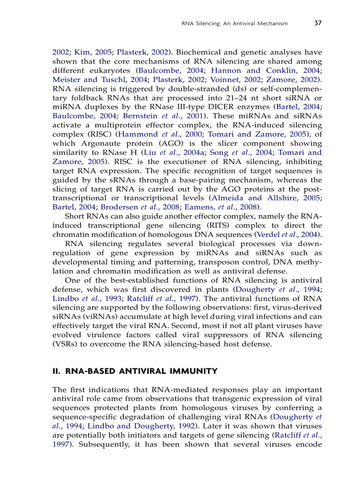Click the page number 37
tap(318, 23)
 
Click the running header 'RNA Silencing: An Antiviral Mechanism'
tap(235, 24)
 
